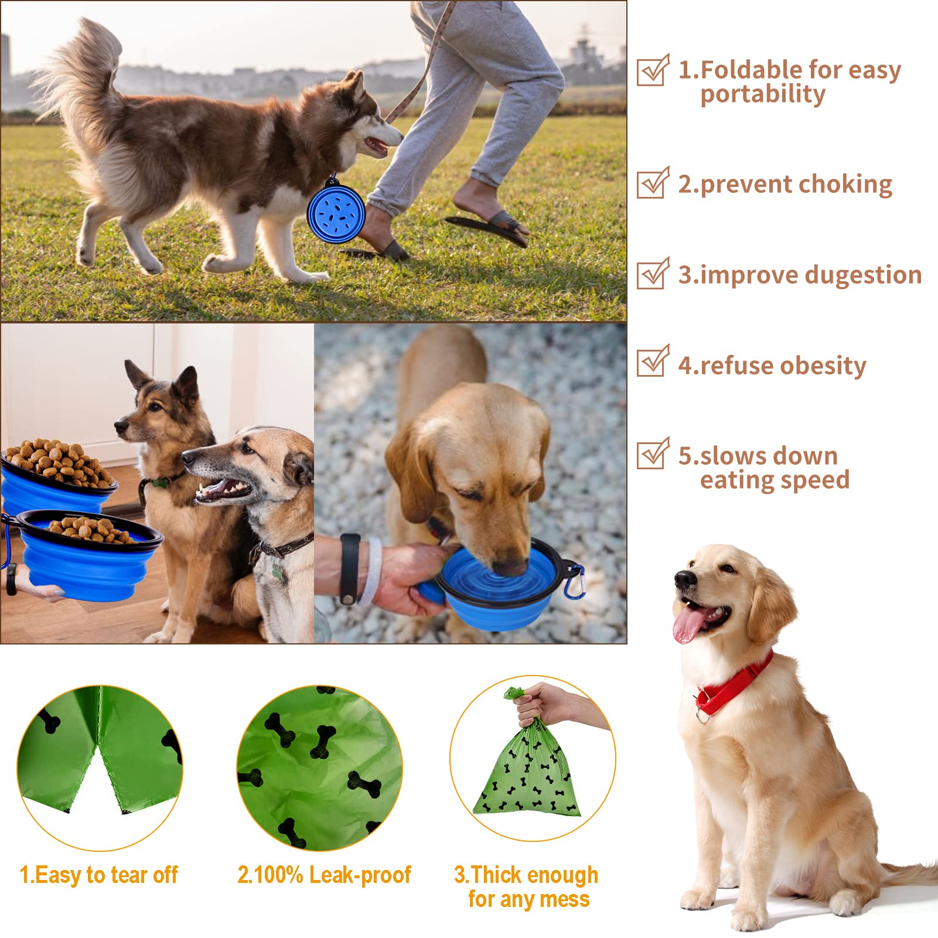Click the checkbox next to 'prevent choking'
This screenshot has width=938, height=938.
tap(652, 183)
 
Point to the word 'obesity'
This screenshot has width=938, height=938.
tap(823, 366)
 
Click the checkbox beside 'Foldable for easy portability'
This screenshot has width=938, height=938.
tap(652, 71)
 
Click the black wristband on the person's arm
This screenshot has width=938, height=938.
tap(350, 568)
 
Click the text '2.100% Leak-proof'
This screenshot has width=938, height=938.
tap(324, 875)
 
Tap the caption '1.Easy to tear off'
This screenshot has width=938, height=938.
tap(98, 875)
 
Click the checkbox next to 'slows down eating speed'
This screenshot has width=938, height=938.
tap(652, 454)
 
